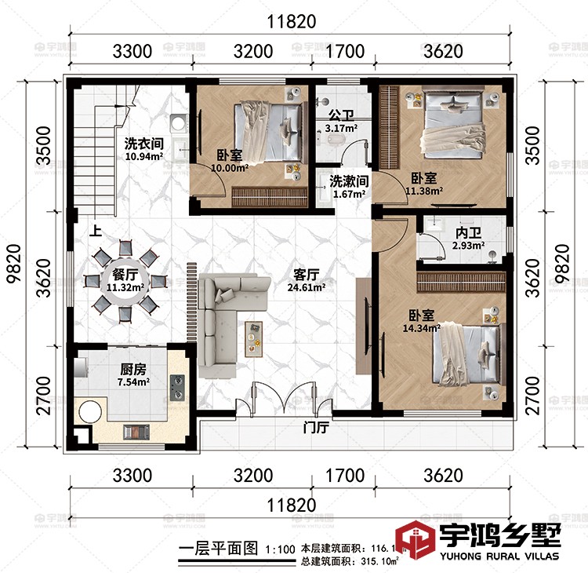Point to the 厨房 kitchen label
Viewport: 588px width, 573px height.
[x=134, y=369]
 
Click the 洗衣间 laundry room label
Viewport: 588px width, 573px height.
[x=143, y=144]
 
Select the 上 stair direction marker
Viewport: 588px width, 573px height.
[x=96, y=232]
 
